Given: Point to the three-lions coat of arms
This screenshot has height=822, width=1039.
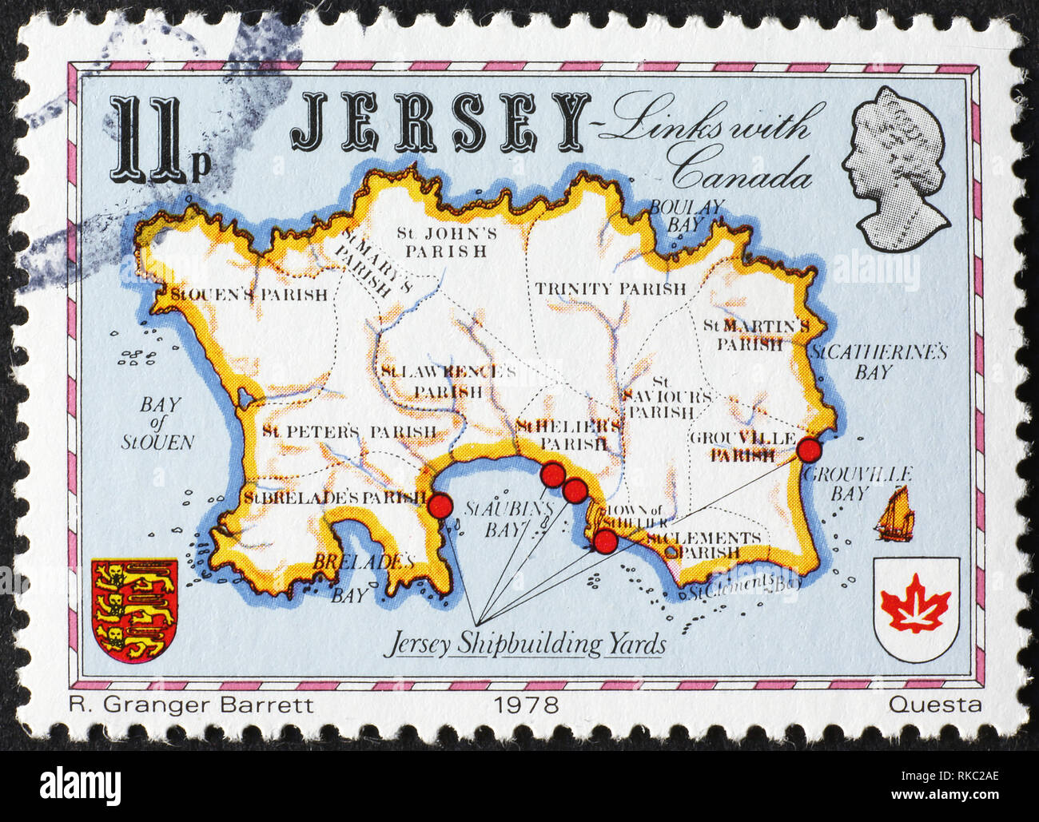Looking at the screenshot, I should tap(134, 609).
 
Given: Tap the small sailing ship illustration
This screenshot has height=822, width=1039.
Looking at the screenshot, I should tap(894, 513).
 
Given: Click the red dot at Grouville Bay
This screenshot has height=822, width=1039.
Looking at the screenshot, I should tap(810, 451).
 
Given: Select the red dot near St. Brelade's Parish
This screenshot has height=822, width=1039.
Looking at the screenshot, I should tap(439, 506).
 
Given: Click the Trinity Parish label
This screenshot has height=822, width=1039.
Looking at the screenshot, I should tap(611, 288).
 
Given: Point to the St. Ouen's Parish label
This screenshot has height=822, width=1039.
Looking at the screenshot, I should tap(249, 295).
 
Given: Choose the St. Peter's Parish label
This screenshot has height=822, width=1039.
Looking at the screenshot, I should tap(349, 432).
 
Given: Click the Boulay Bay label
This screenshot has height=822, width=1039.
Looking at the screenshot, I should tap(685, 216).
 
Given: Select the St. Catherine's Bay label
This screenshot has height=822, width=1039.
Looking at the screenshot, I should tap(878, 362).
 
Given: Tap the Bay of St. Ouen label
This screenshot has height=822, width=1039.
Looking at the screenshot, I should tap(159, 423).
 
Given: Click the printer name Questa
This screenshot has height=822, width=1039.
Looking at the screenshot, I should tap(934, 705).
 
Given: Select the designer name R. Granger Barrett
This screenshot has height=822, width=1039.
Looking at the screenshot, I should tap(191, 705).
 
